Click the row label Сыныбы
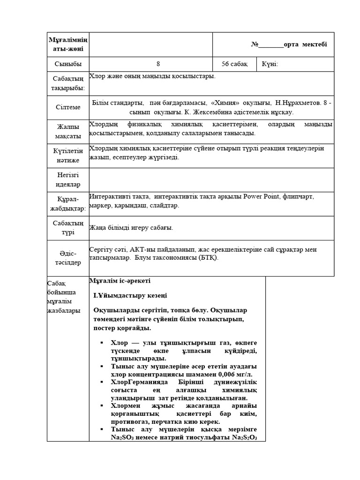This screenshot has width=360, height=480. tap(68, 64)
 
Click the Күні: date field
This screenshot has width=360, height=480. tap(270, 64)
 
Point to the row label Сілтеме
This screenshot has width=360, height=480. tap(68, 107)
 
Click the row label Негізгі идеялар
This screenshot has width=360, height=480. tap(68, 180)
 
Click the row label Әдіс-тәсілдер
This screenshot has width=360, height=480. tap(68, 258)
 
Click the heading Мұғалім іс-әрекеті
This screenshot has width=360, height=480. tap(120, 281)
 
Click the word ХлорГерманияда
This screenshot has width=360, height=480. tap(139, 382)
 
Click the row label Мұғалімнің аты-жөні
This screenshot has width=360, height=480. tap(68, 45)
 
